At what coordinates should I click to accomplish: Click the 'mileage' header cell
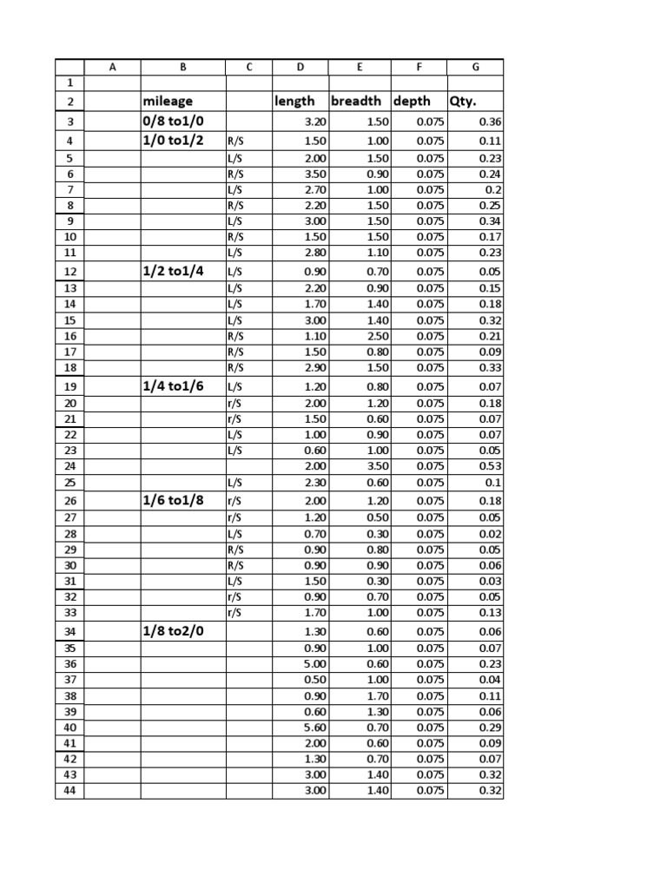[168, 102]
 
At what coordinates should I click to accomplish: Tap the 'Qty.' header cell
[464, 102]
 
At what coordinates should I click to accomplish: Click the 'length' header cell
[294, 102]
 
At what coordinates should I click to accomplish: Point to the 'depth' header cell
[412, 102]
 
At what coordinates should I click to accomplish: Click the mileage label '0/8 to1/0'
[174, 122]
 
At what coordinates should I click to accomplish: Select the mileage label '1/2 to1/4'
[174, 271]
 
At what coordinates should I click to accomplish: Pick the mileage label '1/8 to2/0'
[174, 631]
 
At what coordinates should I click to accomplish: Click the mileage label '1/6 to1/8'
[174, 501]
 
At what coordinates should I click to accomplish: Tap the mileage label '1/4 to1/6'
[174, 386]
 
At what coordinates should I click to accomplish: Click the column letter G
[474, 67]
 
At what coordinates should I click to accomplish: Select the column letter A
[112, 67]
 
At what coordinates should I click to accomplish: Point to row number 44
[70, 790]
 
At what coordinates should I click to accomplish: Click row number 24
[70, 465]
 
